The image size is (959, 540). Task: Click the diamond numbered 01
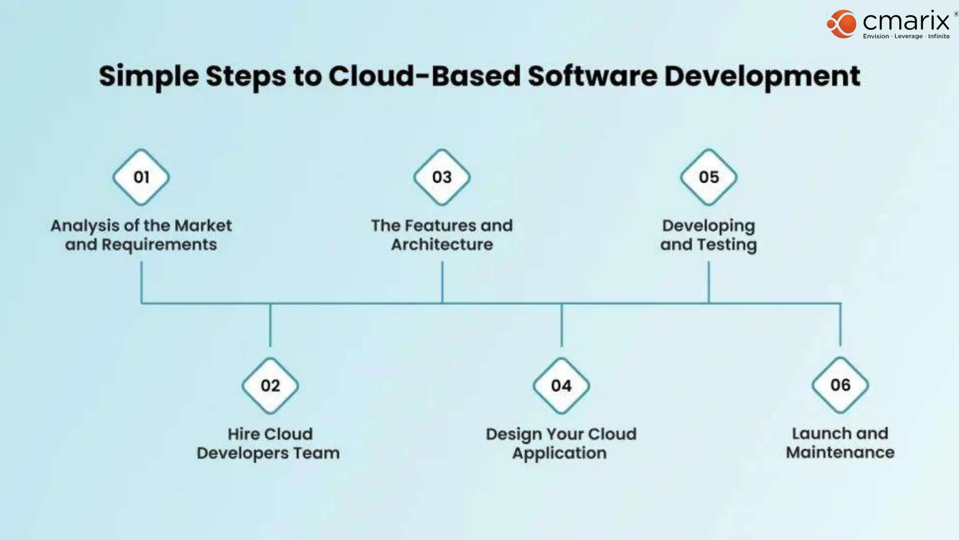pyautogui.click(x=141, y=177)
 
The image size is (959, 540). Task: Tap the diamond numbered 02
pyautogui.click(x=270, y=385)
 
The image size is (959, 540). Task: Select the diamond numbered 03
pyautogui.click(x=442, y=177)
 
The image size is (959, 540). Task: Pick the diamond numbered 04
pyautogui.click(x=561, y=385)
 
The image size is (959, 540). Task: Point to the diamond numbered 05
pyautogui.click(x=708, y=177)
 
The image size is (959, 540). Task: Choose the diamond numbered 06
pyautogui.click(x=840, y=385)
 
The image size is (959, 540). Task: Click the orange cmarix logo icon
pyautogui.click(x=841, y=24)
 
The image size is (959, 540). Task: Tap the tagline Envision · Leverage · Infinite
pyautogui.click(x=906, y=37)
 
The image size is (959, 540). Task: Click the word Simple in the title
pyautogui.click(x=148, y=76)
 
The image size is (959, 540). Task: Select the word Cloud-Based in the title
pyautogui.click(x=424, y=75)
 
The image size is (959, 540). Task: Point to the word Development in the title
pyautogui.click(x=762, y=76)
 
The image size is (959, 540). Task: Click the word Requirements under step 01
pyautogui.click(x=159, y=245)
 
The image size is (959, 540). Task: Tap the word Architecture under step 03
pyautogui.click(x=442, y=245)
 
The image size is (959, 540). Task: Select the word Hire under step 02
pyautogui.click(x=243, y=434)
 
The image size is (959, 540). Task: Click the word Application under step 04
pyautogui.click(x=559, y=453)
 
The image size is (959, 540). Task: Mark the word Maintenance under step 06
pyautogui.click(x=840, y=452)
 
